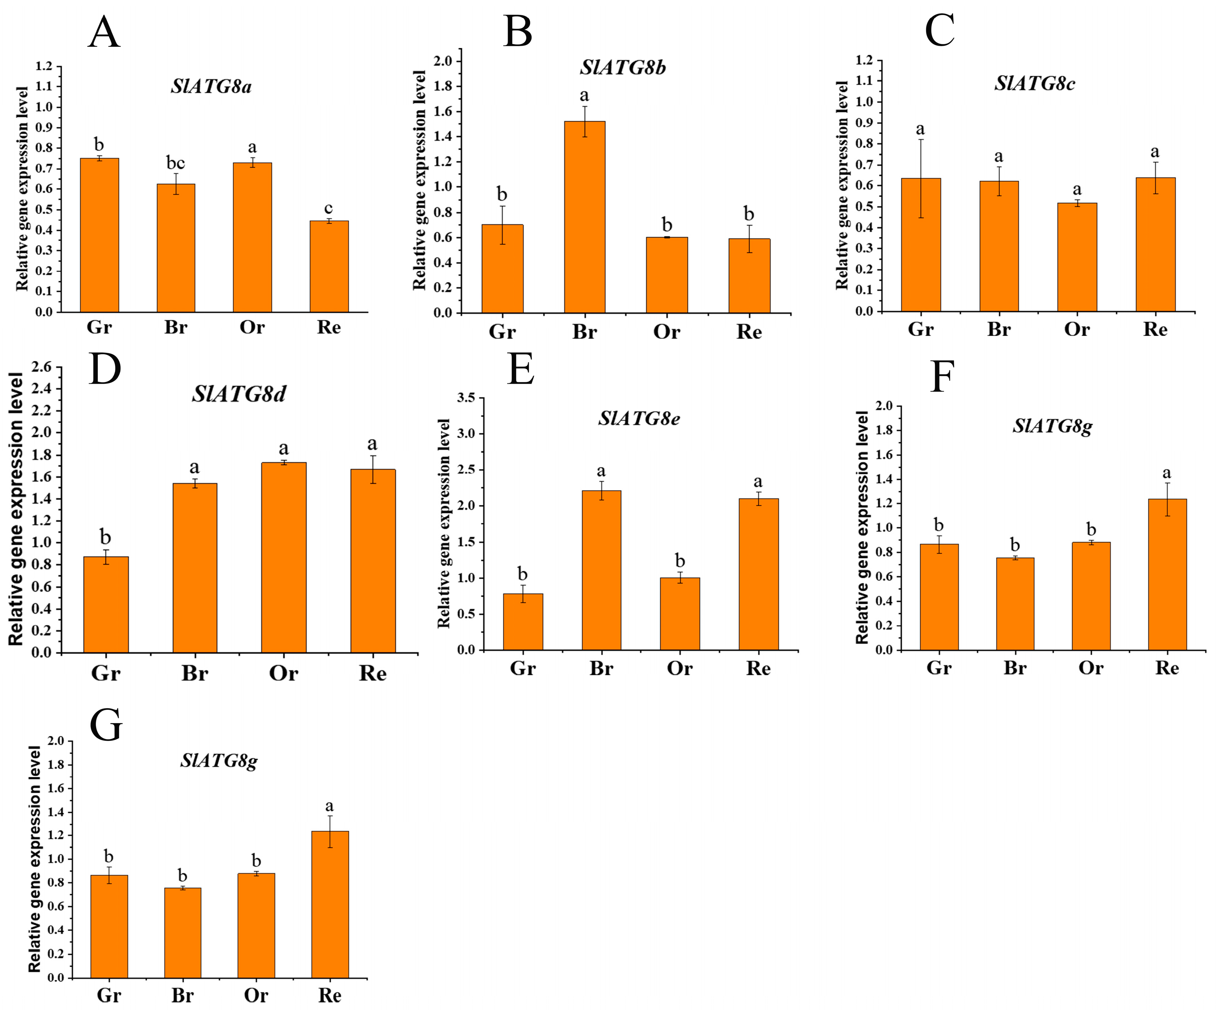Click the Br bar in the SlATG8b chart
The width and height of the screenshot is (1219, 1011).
click(x=585, y=218)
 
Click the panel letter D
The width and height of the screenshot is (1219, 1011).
click(x=105, y=370)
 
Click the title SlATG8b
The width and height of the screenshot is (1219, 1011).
click(x=623, y=68)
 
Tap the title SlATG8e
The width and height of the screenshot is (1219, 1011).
click(x=639, y=418)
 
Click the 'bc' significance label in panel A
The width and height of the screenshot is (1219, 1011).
click(x=175, y=163)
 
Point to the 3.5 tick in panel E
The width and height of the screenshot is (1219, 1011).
click(x=466, y=397)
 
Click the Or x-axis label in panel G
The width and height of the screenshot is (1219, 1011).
click(x=255, y=995)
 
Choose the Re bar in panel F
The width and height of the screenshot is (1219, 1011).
click(x=1167, y=574)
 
